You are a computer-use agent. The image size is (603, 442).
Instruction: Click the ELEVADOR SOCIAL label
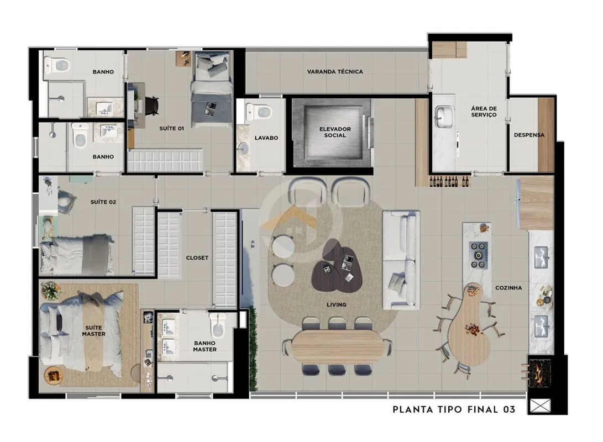(x=335, y=132)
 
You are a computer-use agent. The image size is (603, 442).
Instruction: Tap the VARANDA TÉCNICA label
(x=335, y=71)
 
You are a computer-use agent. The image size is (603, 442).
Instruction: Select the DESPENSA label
(x=529, y=135)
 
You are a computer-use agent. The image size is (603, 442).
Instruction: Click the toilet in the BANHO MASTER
(x=217, y=325)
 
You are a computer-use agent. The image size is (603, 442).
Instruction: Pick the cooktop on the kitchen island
(x=479, y=255)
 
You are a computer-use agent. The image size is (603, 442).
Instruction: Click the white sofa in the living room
(x=401, y=260)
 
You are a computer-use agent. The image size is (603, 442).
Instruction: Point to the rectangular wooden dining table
(x=337, y=346)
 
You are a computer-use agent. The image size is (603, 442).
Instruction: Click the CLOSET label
(x=197, y=258)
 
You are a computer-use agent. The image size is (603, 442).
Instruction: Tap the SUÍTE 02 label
(x=103, y=202)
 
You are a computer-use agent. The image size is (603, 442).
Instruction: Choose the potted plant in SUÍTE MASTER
(x=51, y=291)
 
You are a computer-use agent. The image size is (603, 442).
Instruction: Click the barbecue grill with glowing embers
(x=539, y=373)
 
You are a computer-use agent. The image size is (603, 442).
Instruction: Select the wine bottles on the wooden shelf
(x=449, y=181)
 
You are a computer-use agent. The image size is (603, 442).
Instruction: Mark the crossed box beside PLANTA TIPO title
(x=541, y=406)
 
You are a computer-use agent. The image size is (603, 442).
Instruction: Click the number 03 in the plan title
(x=509, y=409)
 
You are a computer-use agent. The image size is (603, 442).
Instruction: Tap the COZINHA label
(x=508, y=287)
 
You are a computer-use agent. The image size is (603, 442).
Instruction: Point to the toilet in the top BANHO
(x=57, y=65)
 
